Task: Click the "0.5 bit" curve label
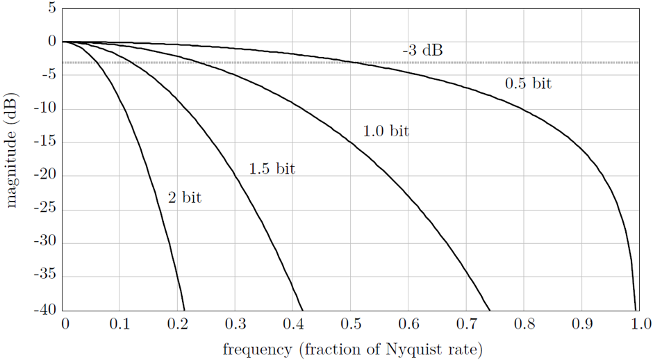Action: tap(528, 83)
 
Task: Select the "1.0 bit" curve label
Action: tap(386, 131)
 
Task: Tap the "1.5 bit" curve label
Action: tap(272, 168)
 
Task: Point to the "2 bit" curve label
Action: tap(184, 197)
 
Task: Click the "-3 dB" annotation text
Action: tap(422, 50)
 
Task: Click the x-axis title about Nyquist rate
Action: tap(352, 348)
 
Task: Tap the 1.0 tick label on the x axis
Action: tap(640, 323)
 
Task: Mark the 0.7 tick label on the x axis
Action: tap(467, 323)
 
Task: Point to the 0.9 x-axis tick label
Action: tap(582, 323)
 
